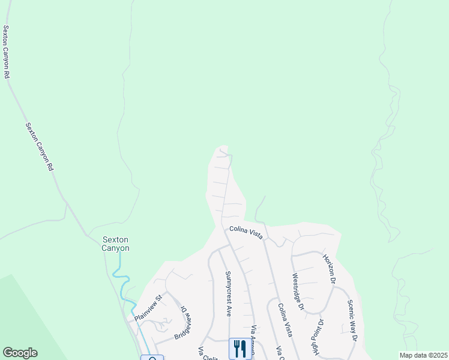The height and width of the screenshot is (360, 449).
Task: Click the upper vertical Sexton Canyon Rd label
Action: pos(7,52)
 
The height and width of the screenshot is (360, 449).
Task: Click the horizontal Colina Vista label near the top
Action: pos(246,232)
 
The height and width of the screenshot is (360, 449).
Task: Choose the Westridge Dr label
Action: pos(299,293)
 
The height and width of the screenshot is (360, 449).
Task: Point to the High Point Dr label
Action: pos(317,337)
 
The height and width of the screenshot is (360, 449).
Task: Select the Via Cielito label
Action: pos(206,353)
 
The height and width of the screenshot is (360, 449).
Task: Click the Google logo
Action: pos(20,353)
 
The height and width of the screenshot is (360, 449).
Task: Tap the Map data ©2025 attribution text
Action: pos(423,355)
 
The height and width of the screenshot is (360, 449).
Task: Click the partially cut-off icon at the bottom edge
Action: pos(152,358)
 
